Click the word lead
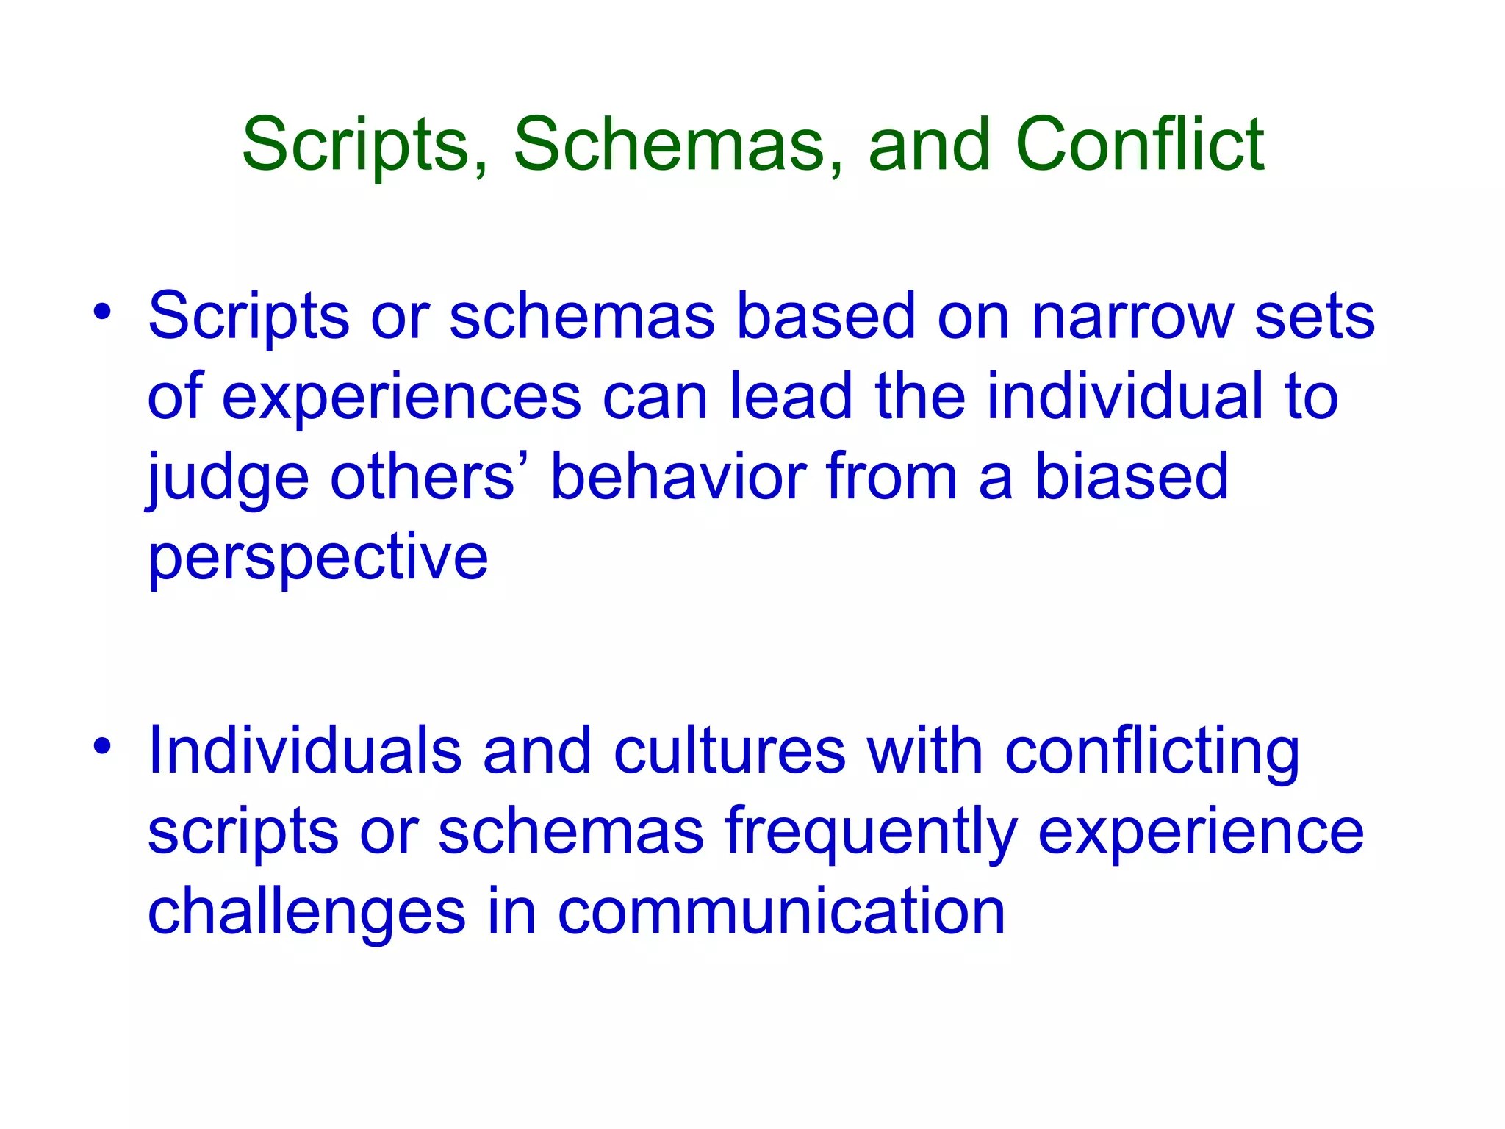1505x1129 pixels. (791, 397)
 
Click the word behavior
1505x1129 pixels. (680, 478)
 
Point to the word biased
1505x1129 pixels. (1132, 478)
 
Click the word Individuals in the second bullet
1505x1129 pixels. (304, 751)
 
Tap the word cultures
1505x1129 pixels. (730, 751)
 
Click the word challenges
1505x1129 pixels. (306, 913)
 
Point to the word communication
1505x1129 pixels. (781, 911)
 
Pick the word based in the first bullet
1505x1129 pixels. (825, 318)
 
